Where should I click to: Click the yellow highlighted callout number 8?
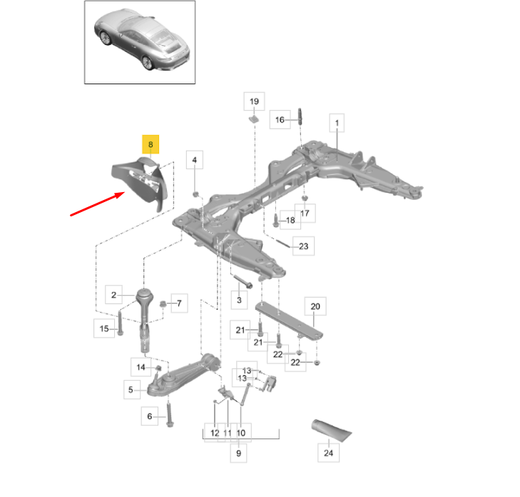151,144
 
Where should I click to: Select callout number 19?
254,102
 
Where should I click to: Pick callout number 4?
195,161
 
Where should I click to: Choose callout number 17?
305,213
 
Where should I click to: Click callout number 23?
303,247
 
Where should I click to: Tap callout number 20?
315,307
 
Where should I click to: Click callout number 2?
113,293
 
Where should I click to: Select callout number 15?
104,328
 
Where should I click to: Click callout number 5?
131,390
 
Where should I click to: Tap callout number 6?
150,416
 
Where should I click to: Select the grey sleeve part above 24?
331,430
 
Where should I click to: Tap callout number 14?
141,367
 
